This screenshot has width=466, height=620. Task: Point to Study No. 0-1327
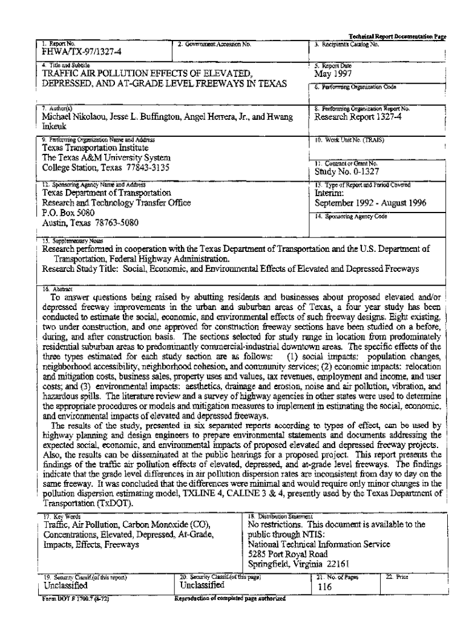(x=342, y=172)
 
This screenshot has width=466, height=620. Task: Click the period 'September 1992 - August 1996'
(x=370, y=203)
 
